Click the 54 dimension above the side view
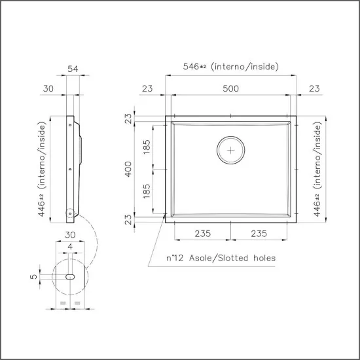pos(73,68)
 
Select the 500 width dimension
pos(230,88)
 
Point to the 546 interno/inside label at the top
pos(230,67)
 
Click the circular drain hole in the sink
pos(230,150)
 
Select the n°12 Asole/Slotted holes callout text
pos(221,258)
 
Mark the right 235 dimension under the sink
pos(260,234)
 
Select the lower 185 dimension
pos(147,190)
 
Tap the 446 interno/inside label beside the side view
pos(43,169)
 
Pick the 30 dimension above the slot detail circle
pos(70,234)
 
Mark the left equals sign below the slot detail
pos(62,304)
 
